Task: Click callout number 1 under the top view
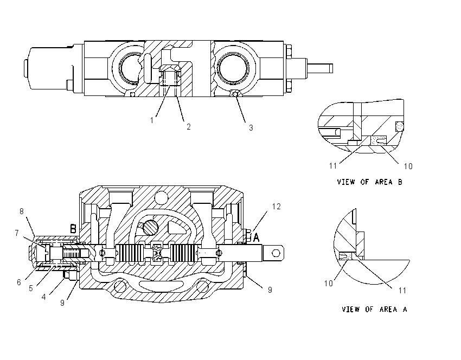click(x=152, y=120)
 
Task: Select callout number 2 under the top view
click(x=188, y=127)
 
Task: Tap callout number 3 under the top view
click(x=251, y=128)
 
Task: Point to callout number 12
click(x=277, y=207)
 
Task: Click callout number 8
click(x=22, y=211)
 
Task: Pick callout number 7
click(x=17, y=233)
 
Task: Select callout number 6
click(x=19, y=282)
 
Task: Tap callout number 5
click(x=31, y=288)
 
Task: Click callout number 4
click(x=43, y=297)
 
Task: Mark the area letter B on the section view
click(x=73, y=229)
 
